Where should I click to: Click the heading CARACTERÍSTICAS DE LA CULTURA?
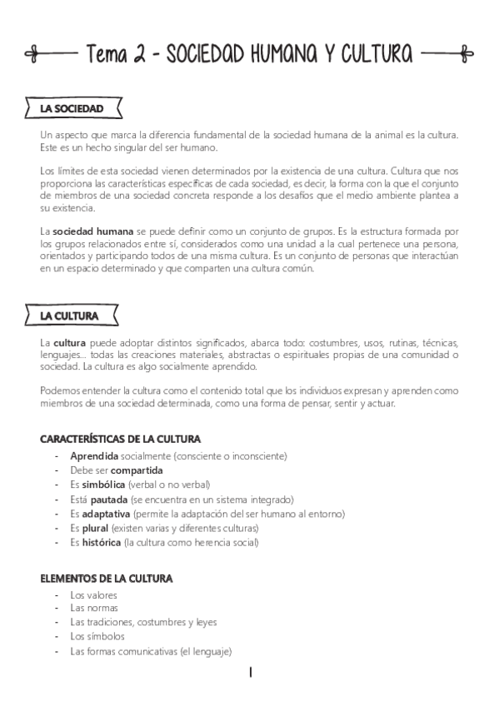pyautogui.click(x=120, y=439)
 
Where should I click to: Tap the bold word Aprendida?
pyautogui.click(x=94, y=456)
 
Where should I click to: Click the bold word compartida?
pyautogui.click(x=137, y=470)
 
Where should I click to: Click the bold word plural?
pyautogui.click(x=95, y=528)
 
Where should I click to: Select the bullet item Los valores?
pyautogui.click(x=93, y=595)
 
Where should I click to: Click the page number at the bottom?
pyautogui.click(x=250, y=672)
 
